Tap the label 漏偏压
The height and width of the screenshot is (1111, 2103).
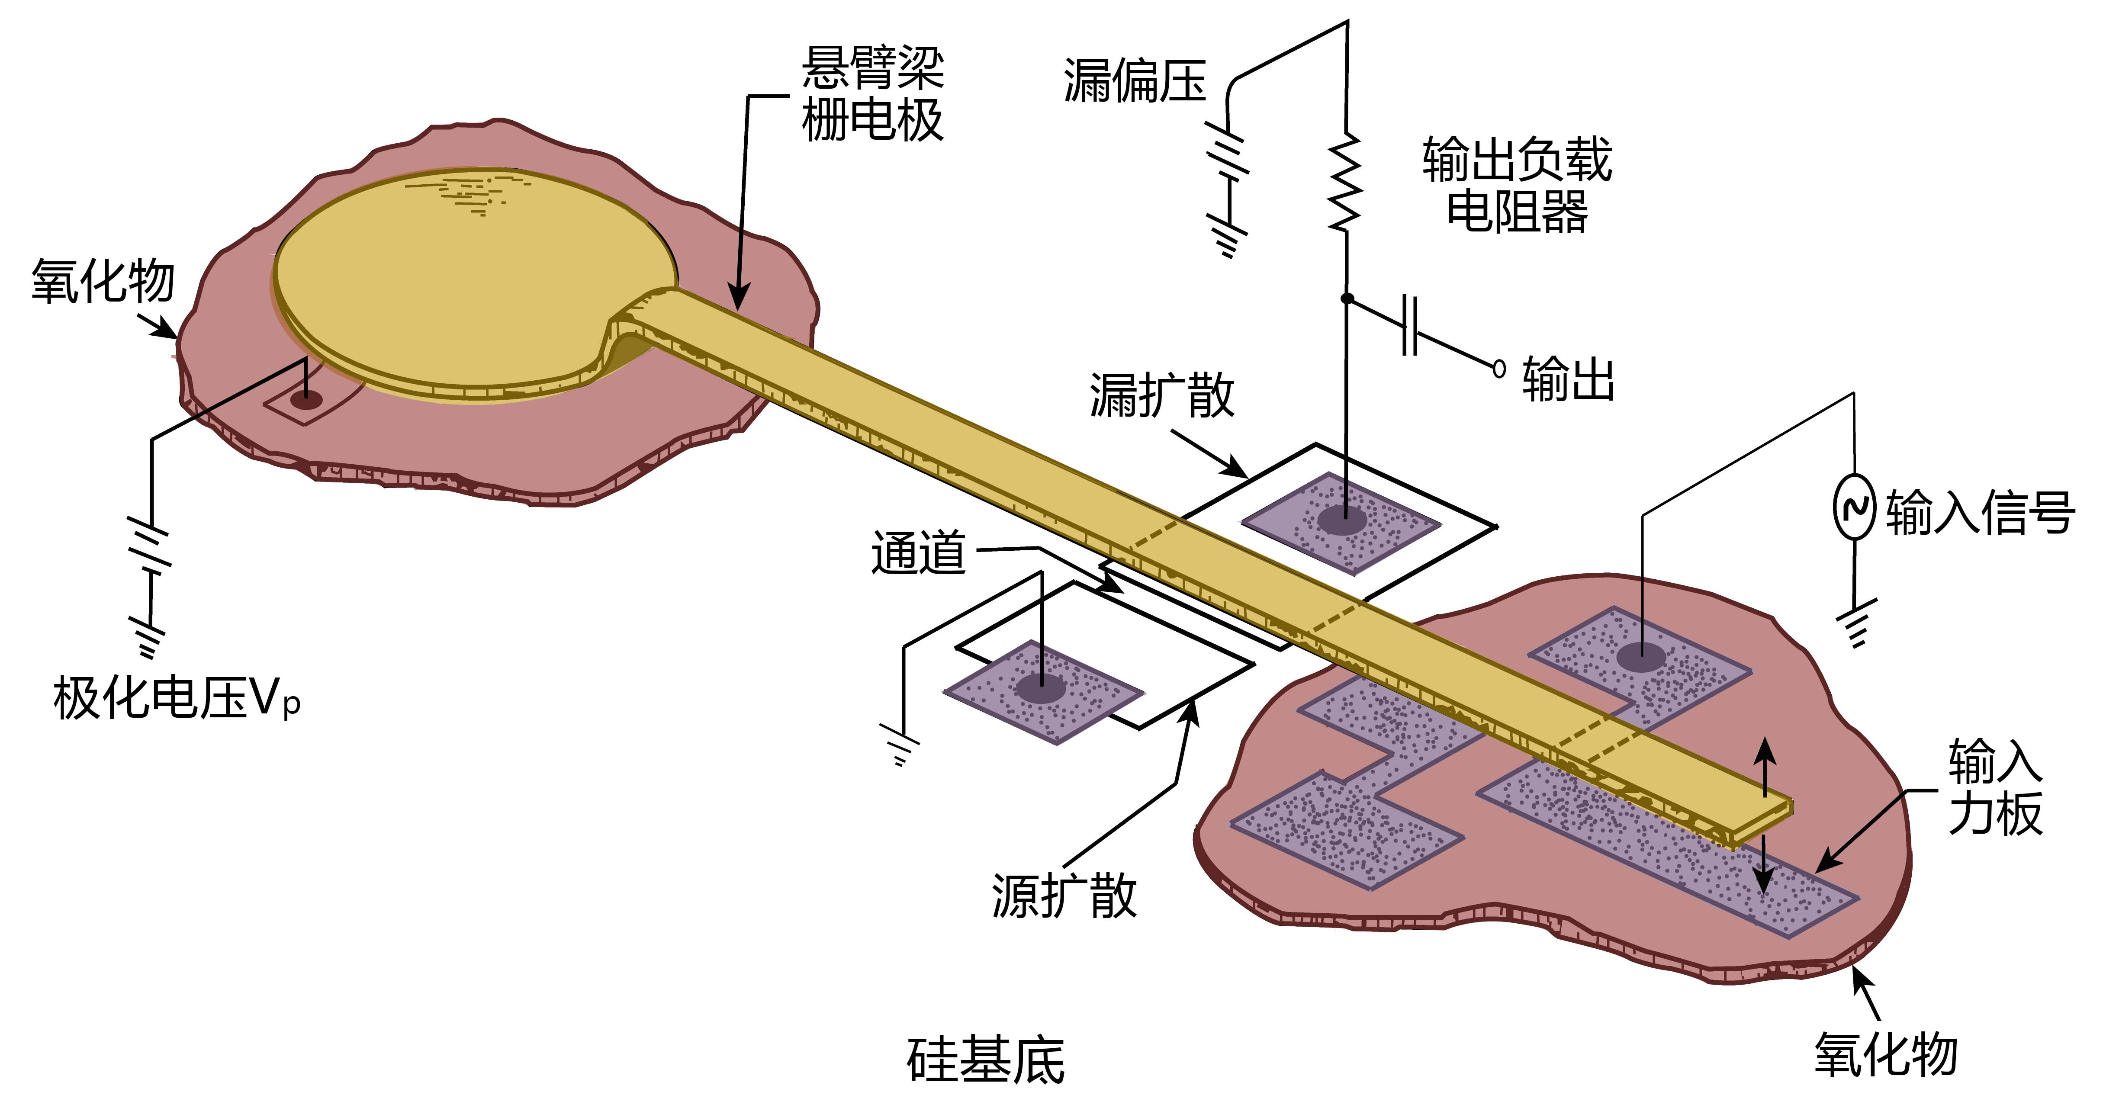click(1134, 82)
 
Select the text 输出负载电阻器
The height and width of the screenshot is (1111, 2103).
click(1517, 185)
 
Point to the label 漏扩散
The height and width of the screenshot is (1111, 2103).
click(1161, 396)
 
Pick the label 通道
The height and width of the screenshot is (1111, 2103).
click(918, 552)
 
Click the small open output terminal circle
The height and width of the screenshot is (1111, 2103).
click(1499, 369)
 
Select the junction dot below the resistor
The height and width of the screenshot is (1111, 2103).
click(1347, 299)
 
